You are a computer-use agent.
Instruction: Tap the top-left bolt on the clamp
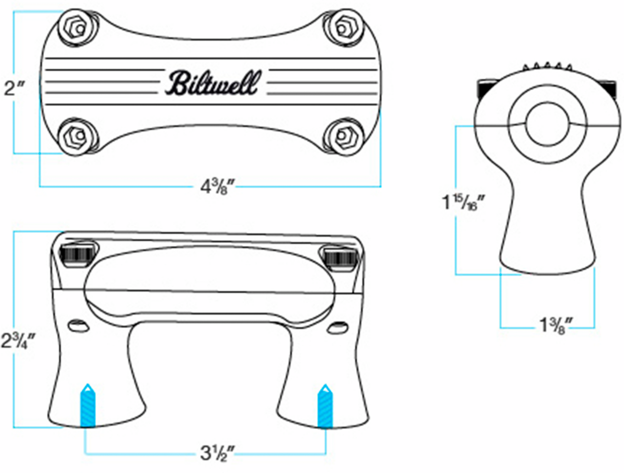pyautogui.click(x=78, y=28)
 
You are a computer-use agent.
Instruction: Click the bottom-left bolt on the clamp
pyautogui.click(x=78, y=136)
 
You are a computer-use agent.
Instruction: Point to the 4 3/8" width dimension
pyautogui.click(x=217, y=186)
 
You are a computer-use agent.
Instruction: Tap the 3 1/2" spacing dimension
pyautogui.click(x=216, y=452)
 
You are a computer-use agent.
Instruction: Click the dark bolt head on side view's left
pyautogui.click(x=484, y=87)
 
